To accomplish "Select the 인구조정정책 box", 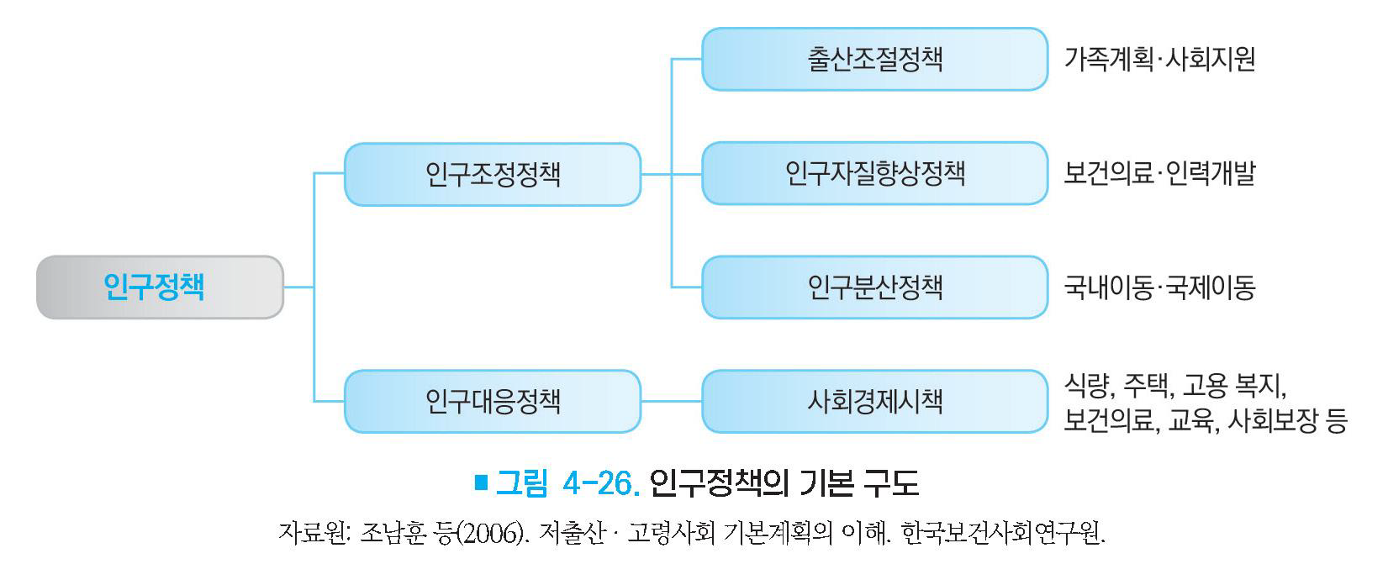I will (493, 174).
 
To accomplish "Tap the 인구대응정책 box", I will (493, 401).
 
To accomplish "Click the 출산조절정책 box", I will (874, 59).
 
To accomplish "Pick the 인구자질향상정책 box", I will (874, 174).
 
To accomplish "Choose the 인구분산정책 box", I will (874, 287).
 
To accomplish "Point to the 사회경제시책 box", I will (874, 401).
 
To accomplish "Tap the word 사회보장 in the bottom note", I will (1274, 419).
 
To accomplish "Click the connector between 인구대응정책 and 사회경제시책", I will (671, 401).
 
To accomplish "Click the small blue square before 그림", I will (481, 482).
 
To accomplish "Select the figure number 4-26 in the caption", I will (602, 483).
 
